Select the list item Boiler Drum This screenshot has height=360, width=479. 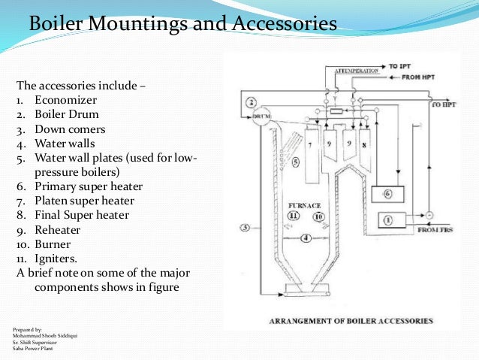tap(67, 115)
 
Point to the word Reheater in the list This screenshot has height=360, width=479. tap(59, 229)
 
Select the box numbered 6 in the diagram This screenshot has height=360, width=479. tap(387, 193)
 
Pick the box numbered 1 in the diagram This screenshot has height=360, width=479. tap(387, 220)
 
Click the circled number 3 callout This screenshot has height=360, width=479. tap(244, 227)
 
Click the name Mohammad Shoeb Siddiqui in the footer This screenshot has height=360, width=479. tap(44, 335)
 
